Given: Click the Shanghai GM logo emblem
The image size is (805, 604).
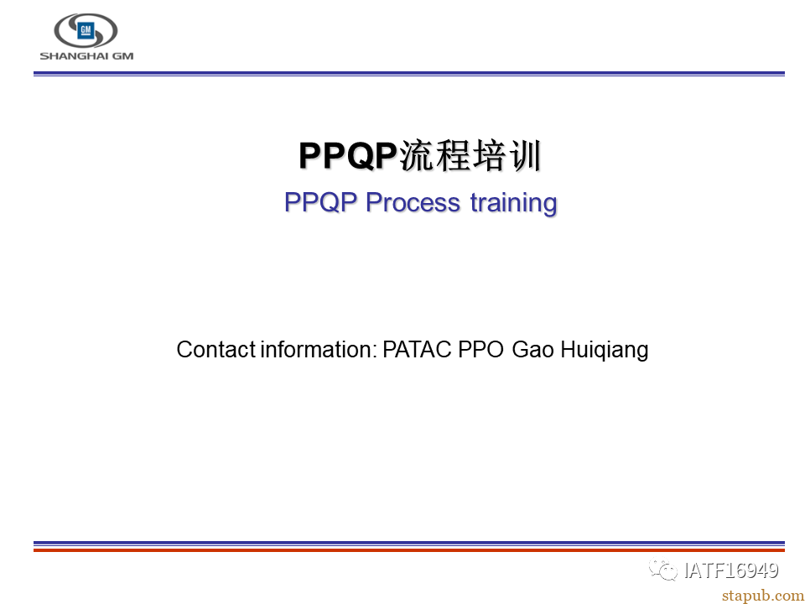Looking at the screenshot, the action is [86, 31].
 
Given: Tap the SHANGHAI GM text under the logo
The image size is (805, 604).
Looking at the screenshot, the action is [86, 56].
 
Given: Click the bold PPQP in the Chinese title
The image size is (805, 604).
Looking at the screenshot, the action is [348, 155].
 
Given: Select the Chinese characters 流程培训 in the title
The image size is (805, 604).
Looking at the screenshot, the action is [470, 155].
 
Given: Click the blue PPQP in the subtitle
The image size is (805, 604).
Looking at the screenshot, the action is [320, 202].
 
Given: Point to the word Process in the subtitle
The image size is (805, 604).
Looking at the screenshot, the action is [413, 202].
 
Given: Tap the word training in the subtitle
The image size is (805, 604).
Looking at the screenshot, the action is [513, 203].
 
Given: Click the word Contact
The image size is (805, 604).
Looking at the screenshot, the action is [216, 349].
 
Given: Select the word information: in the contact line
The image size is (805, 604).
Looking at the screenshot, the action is [319, 349].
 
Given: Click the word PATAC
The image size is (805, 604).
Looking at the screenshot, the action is [417, 349].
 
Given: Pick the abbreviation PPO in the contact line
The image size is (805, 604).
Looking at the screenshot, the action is [480, 349].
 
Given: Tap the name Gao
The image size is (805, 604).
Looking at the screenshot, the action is [533, 349].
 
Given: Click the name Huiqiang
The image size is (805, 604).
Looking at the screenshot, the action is [605, 351].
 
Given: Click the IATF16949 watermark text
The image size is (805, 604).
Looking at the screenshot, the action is [731, 570].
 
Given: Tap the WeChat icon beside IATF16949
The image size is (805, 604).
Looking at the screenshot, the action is [663, 570].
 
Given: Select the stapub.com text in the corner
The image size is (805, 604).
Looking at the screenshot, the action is [763, 596].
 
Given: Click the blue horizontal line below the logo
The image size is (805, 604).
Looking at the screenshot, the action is [409, 74].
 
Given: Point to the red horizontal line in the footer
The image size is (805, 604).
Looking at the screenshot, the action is [409, 549].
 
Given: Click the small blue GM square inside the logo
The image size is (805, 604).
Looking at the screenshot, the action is [86, 31].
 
